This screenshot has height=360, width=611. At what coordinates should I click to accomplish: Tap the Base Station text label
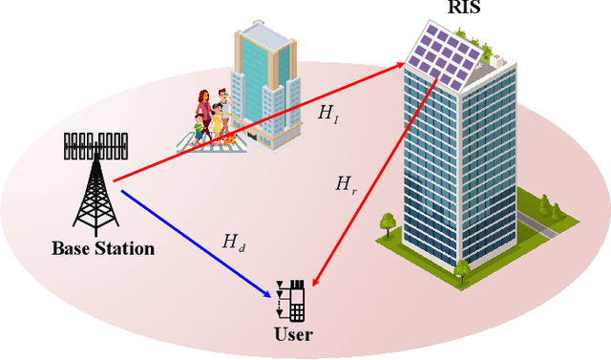(103, 249)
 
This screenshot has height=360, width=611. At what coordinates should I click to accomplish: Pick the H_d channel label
(233, 243)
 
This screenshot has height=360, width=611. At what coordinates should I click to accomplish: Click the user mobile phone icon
(297, 302)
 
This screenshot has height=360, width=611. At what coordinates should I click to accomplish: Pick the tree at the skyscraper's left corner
(388, 224)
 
